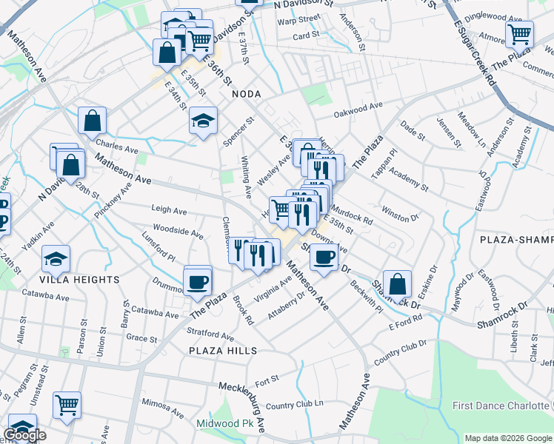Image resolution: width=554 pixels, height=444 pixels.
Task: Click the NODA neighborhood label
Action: (247, 94)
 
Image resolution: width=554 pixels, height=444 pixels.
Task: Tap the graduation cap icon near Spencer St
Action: (203, 121)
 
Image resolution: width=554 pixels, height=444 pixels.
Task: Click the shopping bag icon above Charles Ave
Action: (92, 121)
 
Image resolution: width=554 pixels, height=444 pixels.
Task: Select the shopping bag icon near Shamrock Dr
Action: (397, 284)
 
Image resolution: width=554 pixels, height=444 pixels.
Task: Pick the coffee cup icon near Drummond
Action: (198, 282)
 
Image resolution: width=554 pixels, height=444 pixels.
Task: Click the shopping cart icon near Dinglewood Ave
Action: (519, 34)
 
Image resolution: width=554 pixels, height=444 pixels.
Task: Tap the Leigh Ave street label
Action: (169, 210)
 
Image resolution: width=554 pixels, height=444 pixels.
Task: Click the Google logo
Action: (24, 435)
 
